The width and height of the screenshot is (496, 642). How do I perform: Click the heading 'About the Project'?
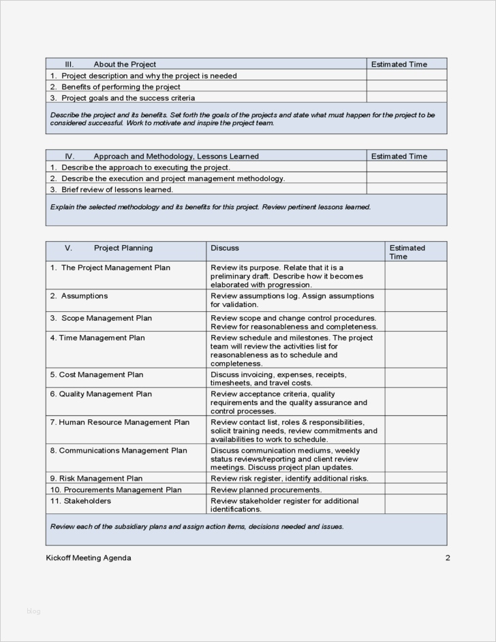[x=125, y=65]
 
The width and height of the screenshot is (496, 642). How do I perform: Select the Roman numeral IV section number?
[x=69, y=157]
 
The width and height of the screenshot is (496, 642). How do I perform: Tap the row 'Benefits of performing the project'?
[x=121, y=87]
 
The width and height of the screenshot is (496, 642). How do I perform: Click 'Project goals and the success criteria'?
[x=128, y=98]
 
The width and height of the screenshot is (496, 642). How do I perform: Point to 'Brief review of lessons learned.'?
[x=117, y=189]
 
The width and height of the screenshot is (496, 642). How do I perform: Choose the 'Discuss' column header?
[x=225, y=248]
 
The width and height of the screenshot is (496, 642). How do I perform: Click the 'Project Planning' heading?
[x=123, y=248]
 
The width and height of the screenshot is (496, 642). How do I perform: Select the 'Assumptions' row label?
[x=84, y=296]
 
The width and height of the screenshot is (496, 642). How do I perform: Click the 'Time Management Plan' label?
[x=102, y=338]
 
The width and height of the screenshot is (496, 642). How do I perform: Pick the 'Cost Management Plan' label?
[x=101, y=374]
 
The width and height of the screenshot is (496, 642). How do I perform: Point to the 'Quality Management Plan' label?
[x=105, y=394]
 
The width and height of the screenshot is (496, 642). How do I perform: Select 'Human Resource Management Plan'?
[x=124, y=422]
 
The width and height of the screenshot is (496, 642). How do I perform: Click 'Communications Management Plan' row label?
[x=123, y=451]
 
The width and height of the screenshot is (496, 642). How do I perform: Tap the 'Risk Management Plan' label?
[x=101, y=479]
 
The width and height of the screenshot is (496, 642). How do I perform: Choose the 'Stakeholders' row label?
[x=87, y=501]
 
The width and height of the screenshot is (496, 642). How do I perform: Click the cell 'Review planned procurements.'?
[x=266, y=490]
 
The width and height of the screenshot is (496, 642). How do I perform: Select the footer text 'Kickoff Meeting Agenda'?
[x=89, y=558]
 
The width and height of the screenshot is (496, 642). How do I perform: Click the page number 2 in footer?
[x=448, y=558]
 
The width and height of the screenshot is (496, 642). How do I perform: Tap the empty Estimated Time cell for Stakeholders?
[x=416, y=504]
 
